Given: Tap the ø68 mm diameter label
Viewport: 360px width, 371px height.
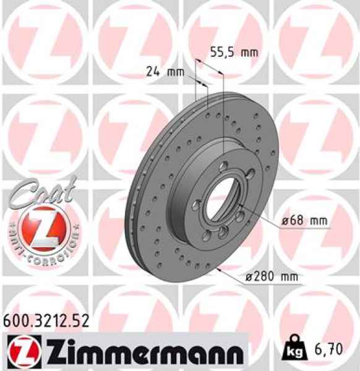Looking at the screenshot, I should point(302,221).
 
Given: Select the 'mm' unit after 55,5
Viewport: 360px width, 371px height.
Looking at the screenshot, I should point(248,53).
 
